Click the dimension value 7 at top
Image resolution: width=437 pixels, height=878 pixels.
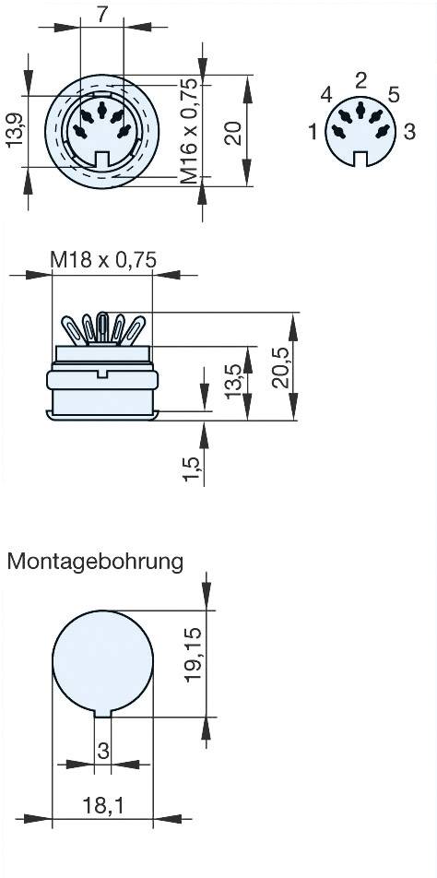pos(102,16)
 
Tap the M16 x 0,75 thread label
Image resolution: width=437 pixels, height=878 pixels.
pos(189,128)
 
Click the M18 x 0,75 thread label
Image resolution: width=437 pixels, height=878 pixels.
pos(103,261)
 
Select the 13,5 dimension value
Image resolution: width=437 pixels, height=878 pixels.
pos(233,379)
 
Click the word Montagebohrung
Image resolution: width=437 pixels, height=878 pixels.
pos(95,561)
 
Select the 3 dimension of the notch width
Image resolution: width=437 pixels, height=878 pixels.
pos(103,751)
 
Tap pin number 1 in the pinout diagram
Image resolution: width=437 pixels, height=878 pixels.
pos(313,133)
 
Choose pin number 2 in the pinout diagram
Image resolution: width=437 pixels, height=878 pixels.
pos(360,79)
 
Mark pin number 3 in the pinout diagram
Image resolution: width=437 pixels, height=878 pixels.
pos(409,133)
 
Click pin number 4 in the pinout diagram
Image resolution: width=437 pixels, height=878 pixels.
pos(325,95)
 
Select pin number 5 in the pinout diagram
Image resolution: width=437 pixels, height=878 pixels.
pos(394,95)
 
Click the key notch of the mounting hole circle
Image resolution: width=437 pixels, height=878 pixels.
pos(103,712)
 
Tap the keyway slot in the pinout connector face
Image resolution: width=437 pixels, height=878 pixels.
pos(360,160)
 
